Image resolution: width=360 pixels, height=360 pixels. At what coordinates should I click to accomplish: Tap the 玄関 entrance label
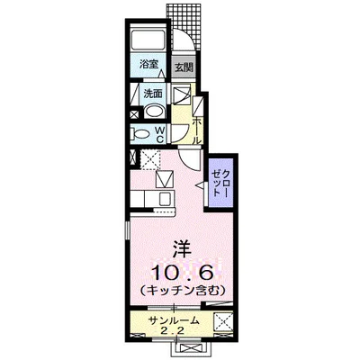coord(184,67)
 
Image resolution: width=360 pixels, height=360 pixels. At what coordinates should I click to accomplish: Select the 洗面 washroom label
coord(152,93)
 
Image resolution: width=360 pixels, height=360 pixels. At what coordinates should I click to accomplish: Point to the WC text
coord(160,134)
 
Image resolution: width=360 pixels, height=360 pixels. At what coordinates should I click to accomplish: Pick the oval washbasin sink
coord(155,112)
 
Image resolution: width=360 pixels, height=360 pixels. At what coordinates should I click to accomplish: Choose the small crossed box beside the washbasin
coord(136,114)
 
